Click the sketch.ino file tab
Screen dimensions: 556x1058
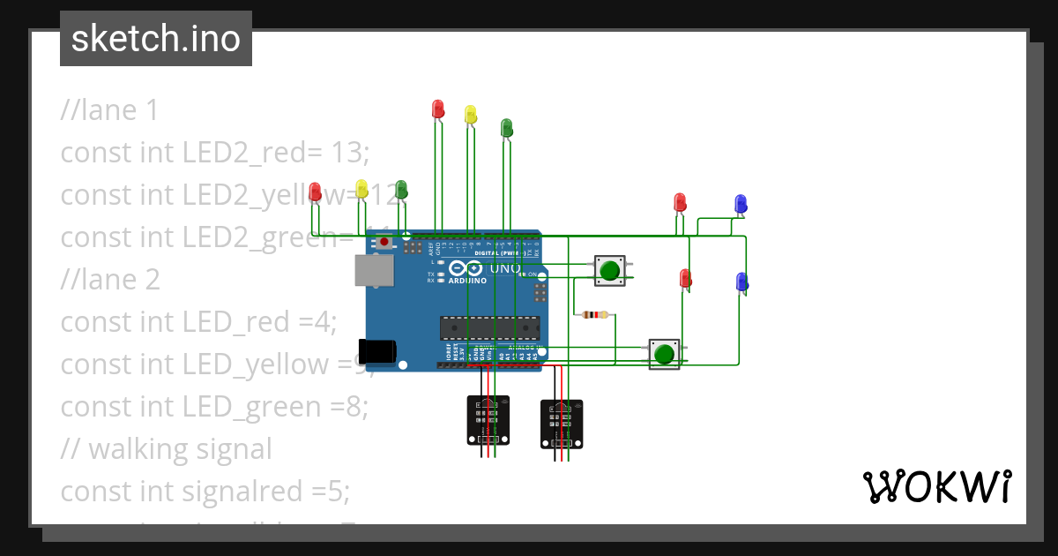pos(156,39)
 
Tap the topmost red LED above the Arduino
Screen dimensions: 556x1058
pos(438,109)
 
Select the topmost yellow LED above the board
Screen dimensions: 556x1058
pos(471,114)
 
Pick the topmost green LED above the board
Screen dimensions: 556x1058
pos(507,128)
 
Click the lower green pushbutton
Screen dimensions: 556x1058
pos(664,354)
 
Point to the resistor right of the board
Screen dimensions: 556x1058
pos(596,314)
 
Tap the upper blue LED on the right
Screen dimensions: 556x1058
pos(741,205)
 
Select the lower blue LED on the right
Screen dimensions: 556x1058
pos(741,282)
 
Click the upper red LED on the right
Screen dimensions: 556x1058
pos(680,202)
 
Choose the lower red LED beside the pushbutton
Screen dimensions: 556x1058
pos(685,279)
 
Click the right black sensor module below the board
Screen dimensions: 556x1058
pos(562,424)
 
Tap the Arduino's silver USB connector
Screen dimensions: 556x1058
pos(374,271)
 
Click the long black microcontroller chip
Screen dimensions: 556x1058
pos(489,327)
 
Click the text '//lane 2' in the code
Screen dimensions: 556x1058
pos(110,280)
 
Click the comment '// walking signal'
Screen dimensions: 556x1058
pos(167,448)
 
